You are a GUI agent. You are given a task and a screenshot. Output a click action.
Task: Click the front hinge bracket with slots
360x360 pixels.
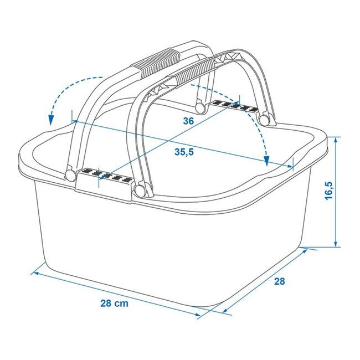pyautogui.click(x=103, y=178)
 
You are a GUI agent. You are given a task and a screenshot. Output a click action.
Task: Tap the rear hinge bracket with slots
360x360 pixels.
pyautogui.click(x=233, y=105)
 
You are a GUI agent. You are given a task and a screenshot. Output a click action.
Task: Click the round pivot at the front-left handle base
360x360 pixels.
pyautogui.click(x=70, y=175)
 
